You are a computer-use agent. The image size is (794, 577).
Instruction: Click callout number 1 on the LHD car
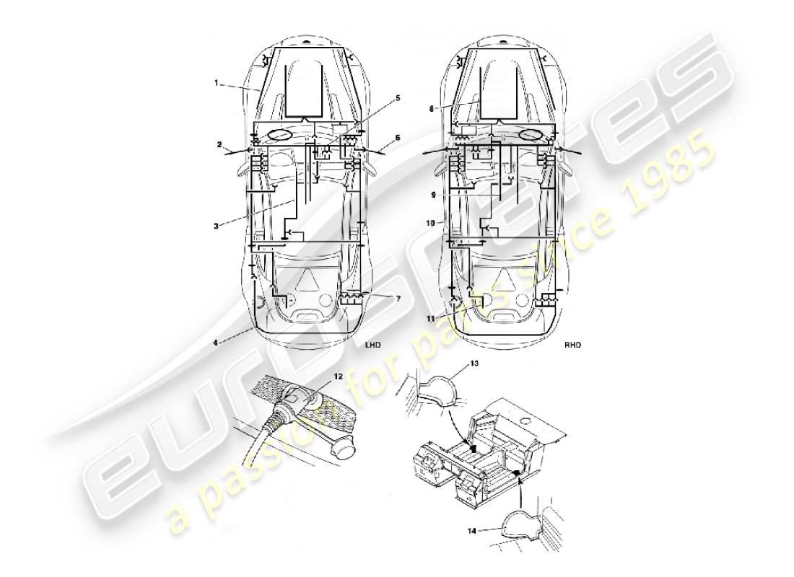(216, 83)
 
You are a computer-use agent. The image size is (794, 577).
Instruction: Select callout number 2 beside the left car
(218, 145)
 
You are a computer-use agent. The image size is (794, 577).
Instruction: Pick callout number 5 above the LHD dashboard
(398, 97)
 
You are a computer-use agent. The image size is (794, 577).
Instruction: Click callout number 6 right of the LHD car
(397, 137)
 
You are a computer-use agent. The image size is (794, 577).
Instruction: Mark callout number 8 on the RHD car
(432, 110)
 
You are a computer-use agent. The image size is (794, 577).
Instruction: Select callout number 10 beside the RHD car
(431, 224)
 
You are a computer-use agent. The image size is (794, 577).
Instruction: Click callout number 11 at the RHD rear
(431, 318)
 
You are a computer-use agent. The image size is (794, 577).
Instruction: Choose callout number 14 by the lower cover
(471, 531)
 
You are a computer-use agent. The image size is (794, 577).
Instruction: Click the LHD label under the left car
(372, 345)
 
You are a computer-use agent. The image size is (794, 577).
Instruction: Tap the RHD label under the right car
(572, 345)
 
